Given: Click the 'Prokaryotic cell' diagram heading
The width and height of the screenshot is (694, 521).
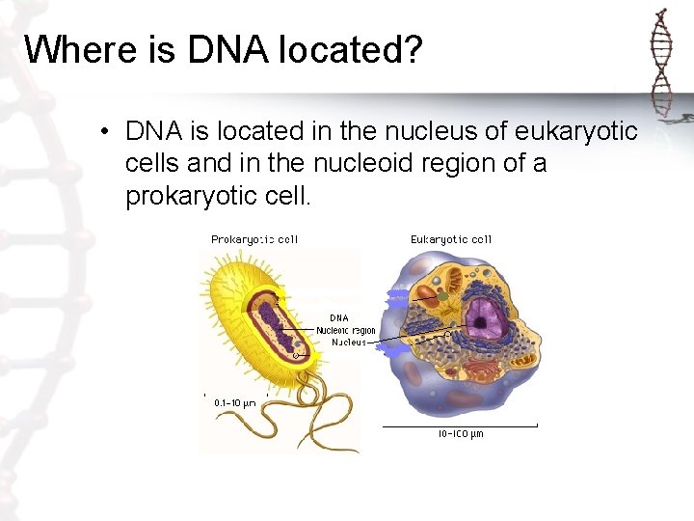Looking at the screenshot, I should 254,239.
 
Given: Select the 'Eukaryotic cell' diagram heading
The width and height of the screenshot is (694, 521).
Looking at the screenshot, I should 451,239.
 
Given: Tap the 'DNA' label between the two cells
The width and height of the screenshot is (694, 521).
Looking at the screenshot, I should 339,317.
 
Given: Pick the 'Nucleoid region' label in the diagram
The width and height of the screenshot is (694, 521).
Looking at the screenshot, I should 346,330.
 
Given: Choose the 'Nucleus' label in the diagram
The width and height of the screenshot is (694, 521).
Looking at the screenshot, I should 349,343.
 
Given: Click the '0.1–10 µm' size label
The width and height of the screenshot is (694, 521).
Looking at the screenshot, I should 234,403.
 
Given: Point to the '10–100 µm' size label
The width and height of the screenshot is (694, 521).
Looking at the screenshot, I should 461,434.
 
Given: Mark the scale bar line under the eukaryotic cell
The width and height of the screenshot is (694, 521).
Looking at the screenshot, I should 459,425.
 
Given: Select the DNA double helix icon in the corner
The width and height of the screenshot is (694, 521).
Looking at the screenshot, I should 661,60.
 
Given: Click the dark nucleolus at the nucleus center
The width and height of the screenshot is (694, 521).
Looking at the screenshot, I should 479,315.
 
